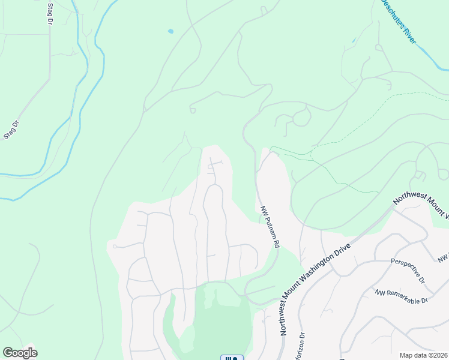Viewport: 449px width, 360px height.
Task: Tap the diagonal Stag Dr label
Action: (11, 128)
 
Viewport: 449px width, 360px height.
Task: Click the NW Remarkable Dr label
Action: (401, 296)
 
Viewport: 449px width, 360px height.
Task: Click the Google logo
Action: (20, 353)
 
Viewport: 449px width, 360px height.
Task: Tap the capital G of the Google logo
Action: (8, 353)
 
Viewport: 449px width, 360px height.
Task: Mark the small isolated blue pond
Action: (171, 31)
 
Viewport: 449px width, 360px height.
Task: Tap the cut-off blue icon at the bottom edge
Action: (232, 358)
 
